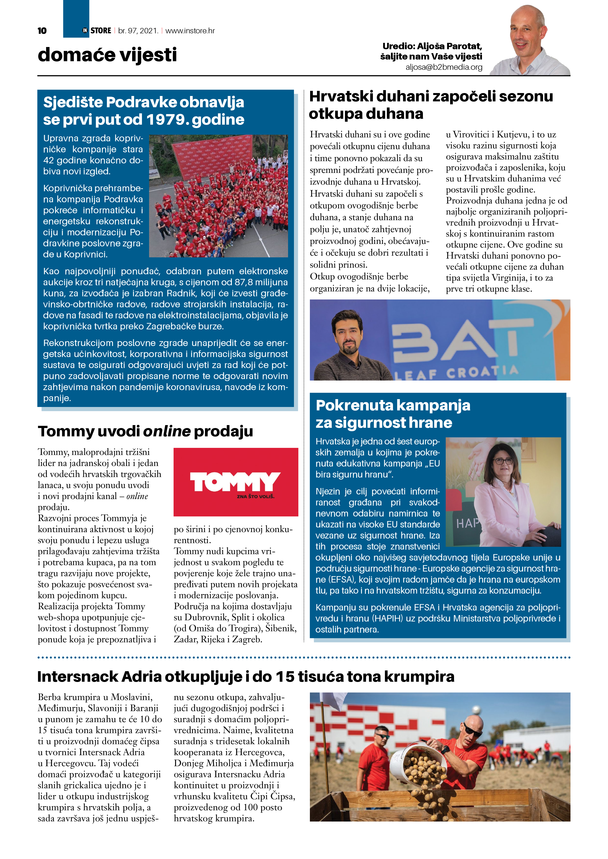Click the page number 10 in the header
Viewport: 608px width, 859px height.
[42, 31]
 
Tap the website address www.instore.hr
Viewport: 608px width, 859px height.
[190, 31]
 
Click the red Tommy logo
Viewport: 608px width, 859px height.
[236, 482]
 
